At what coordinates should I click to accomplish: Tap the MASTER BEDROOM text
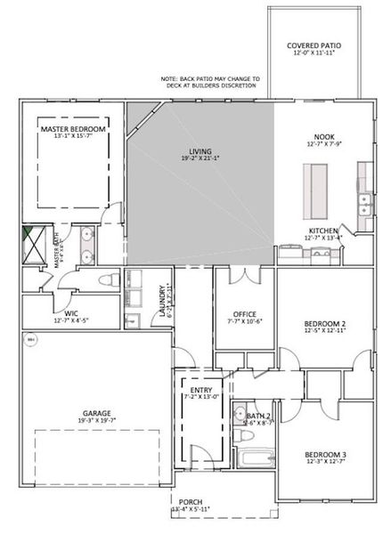pyautogui.click(x=73, y=129)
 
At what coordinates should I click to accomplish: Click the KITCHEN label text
pyautogui.click(x=322, y=230)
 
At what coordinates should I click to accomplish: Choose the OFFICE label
pyautogui.click(x=245, y=313)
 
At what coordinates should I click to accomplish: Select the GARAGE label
pyautogui.click(x=98, y=413)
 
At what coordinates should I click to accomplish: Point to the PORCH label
pyautogui.click(x=191, y=502)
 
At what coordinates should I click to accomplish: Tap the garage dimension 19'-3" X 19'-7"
pyautogui.click(x=98, y=422)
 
